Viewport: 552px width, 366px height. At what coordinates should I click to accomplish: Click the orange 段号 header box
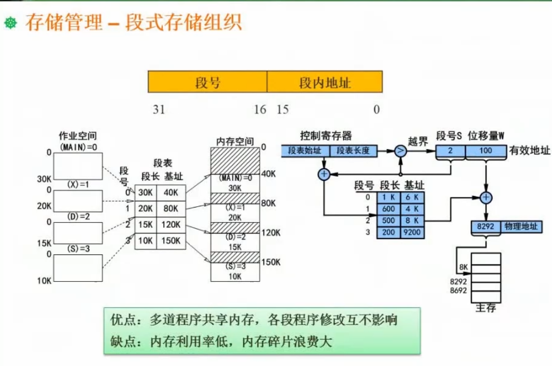pyautogui.click(x=208, y=82)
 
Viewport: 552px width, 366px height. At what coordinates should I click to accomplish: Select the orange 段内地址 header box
pyautogui.click(x=325, y=82)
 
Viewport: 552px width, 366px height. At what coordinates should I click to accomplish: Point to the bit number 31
pyautogui.click(x=159, y=110)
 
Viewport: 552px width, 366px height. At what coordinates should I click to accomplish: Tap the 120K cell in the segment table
pyautogui.click(x=171, y=224)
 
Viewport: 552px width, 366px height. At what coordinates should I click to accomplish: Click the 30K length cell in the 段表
pyautogui.click(x=145, y=193)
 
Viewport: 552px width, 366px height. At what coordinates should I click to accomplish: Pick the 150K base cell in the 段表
pyautogui.click(x=171, y=241)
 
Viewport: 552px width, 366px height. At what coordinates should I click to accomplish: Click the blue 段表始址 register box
pyautogui.click(x=305, y=151)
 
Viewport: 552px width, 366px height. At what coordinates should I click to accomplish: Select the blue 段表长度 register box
pyautogui.click(x=353, y=151)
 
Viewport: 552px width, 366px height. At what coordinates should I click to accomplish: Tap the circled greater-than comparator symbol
pyautogui.click(x=400, y=151)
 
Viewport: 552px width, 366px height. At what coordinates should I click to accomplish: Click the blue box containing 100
pyautogui.click(x=486, y=151)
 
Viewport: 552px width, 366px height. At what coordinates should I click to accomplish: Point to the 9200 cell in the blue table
pyautogui.click(x=412, y=232)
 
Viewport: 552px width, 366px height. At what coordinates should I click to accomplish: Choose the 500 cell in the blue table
pyautogui.click(x=389, y=220)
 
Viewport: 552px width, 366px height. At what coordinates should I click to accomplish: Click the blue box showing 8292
pyautogui.click(x=486, y=226)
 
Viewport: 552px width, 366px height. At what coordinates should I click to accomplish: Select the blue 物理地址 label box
pyautogui.click(x=521, y=226)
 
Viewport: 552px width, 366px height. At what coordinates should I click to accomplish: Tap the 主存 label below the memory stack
pyautogui.click(x=486, y=308)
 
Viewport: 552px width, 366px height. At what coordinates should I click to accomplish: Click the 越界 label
pyautogui.click(x=418, y=141)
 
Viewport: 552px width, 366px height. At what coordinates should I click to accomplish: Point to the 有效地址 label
pyautogui.click(x=530, y=150)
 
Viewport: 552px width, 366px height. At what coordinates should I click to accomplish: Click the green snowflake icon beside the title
pyautogui.click(x=11, y=23)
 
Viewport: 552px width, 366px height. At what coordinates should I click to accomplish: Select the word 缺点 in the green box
pyautogui.click(x=123, y=342)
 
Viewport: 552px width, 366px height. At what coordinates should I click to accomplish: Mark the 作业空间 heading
pyautogui.click(x=78, y=136)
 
